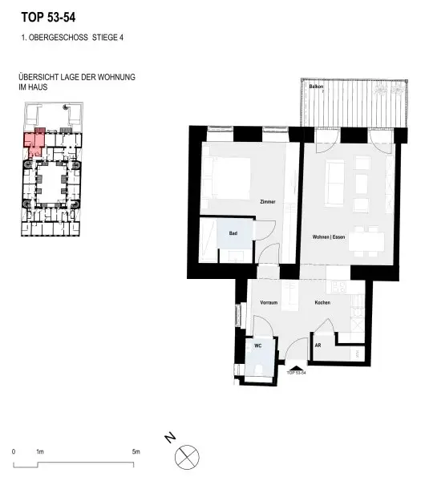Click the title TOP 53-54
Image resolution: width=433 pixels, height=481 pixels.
point(50,15)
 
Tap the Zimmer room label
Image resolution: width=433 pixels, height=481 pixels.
point(268,201)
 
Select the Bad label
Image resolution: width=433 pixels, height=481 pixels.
point(233,233)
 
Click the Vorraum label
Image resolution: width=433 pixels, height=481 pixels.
point(269,303)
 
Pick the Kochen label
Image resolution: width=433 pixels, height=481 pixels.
point(322,303)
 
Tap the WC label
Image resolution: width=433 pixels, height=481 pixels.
point(258,346)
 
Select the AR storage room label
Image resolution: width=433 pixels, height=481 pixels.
point(318,346)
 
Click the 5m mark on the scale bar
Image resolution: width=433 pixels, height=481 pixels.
point(136,453)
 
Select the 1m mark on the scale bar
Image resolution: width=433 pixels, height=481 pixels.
point(39,453)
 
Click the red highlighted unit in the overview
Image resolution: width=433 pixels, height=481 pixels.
point(33,144)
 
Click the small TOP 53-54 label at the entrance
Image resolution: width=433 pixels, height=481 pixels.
point(297,374)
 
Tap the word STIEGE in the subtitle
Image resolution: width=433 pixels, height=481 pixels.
point(99,37)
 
